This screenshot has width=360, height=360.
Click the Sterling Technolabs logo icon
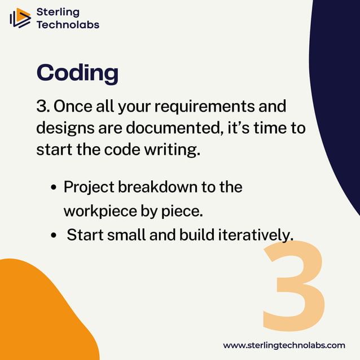[x=20, y=18]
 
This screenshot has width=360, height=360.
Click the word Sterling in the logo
[x=58, y=12]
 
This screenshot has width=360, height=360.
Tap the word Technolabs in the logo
[x=67, y=25]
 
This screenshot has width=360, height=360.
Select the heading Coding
[x=77, y=73]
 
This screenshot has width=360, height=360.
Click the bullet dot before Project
[x=54, y=188]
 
